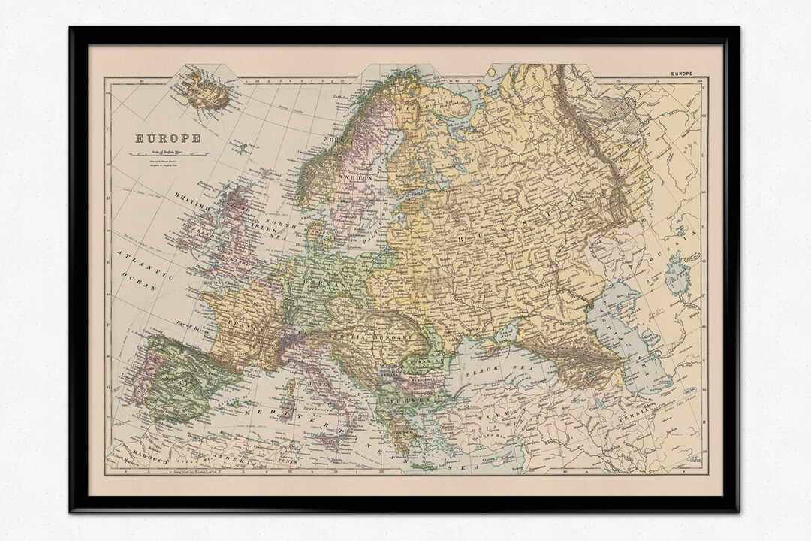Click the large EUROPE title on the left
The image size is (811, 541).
pos(167,138)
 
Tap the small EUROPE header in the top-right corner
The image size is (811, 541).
pos(684,74)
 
